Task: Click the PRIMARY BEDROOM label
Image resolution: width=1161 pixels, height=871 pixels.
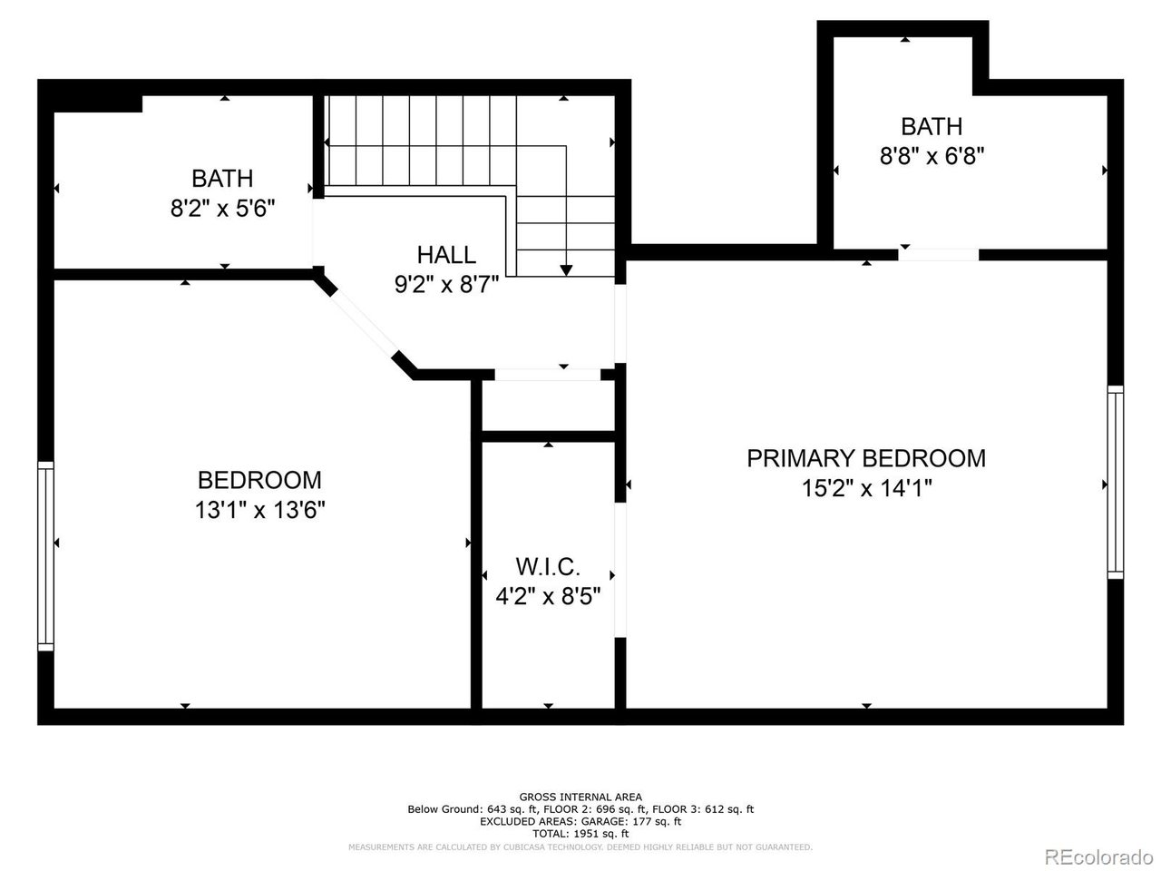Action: tap(865, 458)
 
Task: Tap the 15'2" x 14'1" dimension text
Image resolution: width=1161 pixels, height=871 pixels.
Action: tap(866, 489)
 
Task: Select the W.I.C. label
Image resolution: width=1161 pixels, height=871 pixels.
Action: tap(548, 567)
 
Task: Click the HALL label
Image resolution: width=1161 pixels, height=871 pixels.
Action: tap(445, 255)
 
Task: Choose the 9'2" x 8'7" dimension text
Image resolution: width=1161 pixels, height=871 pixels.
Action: tap(445, 285)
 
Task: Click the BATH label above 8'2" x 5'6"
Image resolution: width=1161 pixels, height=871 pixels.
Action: tap(222, 178)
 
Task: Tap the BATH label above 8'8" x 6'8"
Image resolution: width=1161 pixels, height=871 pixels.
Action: tap(932, 126)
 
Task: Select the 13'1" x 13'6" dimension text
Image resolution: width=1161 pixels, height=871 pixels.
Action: tap(259, 510)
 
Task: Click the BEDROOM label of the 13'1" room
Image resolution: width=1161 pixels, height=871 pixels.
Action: tap(259, 480)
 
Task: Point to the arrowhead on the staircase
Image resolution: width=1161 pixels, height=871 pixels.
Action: tap(566, 269)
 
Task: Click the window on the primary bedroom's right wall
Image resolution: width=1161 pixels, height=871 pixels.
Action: tap(1115, 481)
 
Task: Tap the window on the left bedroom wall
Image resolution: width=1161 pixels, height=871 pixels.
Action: tap(45, 555)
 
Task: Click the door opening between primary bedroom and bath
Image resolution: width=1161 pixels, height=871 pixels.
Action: tap(939, 255)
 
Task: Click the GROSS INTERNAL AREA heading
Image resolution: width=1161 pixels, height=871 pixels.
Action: tap(580, 797)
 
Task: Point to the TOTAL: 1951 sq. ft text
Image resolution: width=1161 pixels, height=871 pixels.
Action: tap(580, 833)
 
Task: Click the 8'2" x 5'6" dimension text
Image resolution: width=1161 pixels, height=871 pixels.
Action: tap(222, 209)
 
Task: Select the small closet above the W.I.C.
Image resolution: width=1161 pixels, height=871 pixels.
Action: tap(548, 406)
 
